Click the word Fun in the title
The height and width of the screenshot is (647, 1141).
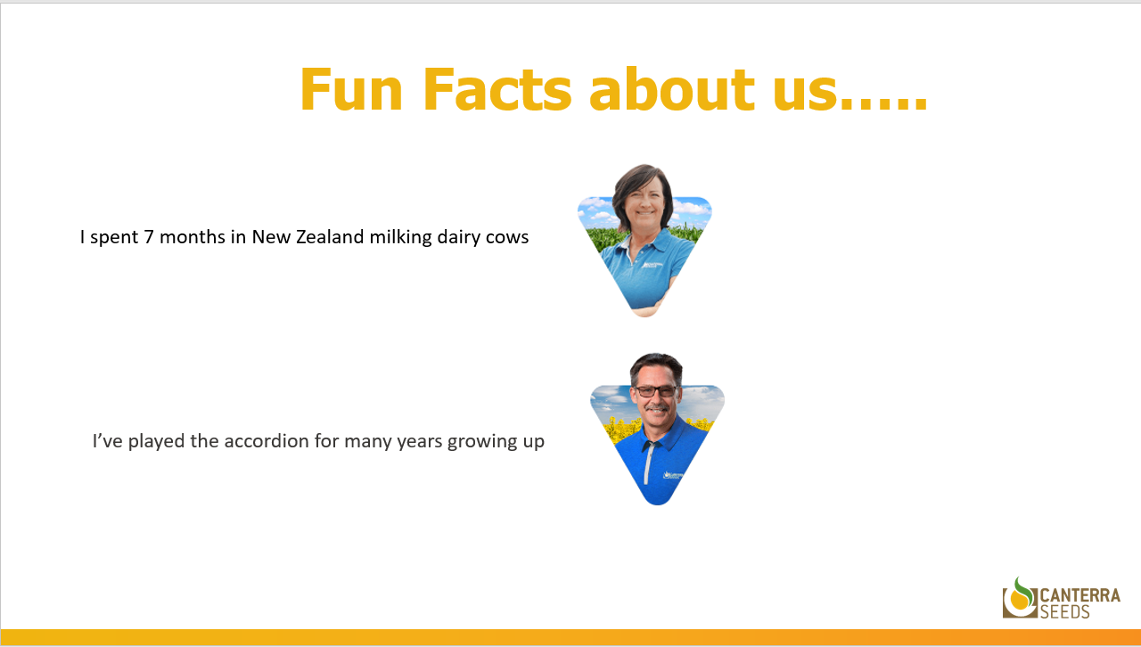pos(351,89)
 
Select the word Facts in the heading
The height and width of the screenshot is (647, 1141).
pos(497,89)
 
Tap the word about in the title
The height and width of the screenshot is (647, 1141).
pos(672,89)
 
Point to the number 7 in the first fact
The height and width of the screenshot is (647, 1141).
pos(149,237)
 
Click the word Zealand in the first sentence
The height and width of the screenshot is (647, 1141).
pos(330,237)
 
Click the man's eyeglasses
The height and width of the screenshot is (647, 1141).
pos(656,391)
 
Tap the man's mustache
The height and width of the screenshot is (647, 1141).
pos(657,408)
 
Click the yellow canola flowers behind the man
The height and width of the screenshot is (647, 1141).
pos(620,428)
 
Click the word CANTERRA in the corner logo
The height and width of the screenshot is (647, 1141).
pos(1079,595)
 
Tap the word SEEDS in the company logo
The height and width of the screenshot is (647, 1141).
pos(1064,611)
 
